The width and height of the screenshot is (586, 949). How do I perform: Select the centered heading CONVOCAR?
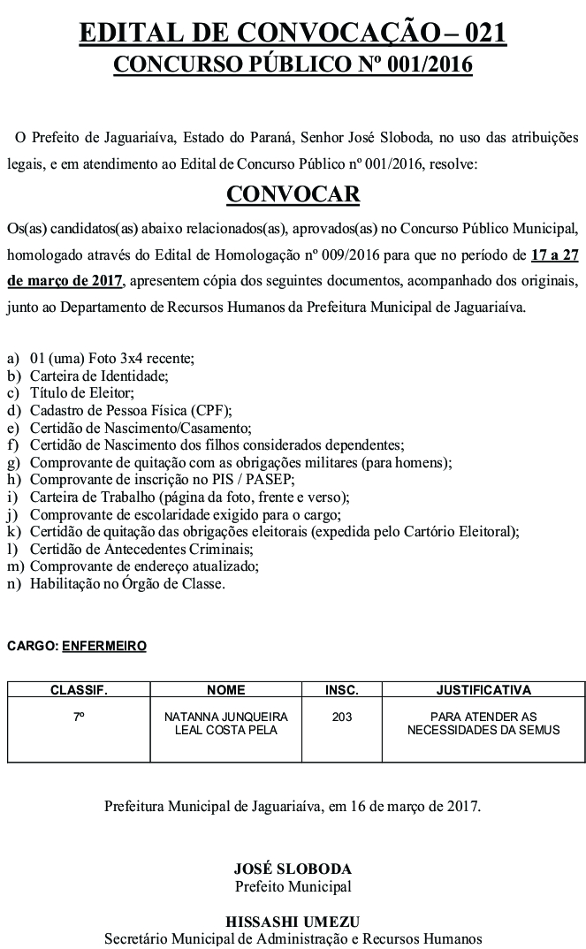293,194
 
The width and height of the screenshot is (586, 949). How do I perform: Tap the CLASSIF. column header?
79,689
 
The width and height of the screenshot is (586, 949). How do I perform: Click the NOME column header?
225,689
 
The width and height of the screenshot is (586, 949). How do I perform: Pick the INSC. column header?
342,689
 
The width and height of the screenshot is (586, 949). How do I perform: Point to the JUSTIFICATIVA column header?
483,689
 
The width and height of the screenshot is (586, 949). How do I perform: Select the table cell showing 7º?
79,717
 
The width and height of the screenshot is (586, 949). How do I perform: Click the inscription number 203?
342,717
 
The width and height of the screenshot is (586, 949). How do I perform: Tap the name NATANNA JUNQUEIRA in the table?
225,717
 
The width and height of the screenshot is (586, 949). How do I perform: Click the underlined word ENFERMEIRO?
104,646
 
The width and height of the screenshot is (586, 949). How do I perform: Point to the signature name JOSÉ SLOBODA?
293,869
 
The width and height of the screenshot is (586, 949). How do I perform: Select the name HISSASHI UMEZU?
293,921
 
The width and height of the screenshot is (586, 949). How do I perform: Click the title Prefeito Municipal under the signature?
293,886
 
